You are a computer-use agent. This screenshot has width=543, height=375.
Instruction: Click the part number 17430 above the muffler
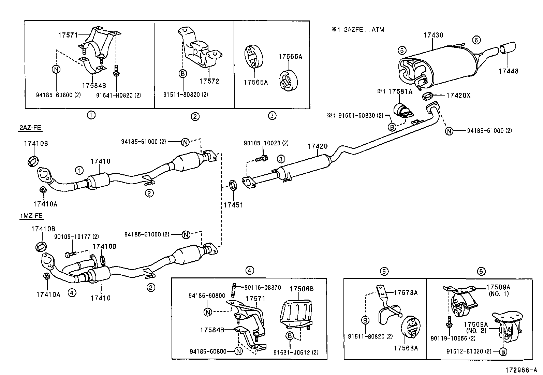[x=433, y=35]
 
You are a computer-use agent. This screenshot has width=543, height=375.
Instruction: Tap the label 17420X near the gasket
[x=458, y=96]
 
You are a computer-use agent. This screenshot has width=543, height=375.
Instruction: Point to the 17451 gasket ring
[x=233, y=186]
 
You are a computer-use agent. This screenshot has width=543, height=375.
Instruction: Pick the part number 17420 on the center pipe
[x=317, y=146]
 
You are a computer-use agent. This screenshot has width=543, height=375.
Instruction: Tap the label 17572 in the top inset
[x=209, y=81]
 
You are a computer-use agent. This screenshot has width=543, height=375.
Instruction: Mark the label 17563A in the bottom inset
[x=406, y=348]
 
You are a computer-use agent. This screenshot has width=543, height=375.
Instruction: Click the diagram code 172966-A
[x=521, y=370]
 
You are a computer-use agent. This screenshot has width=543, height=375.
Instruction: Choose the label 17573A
[x=406, y=292]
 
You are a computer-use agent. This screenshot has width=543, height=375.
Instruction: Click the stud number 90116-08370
[x=263, y=288]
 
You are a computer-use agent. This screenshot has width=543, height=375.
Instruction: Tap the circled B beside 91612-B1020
[x=503, y=351]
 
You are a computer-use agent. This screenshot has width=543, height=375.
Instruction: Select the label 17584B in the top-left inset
[x=94, y=85]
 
